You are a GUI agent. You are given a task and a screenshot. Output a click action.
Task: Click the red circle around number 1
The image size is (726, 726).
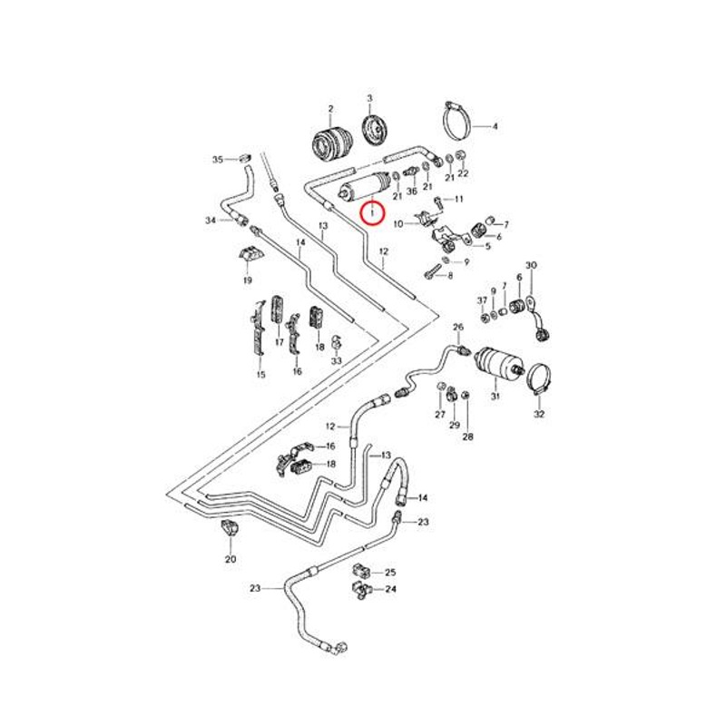pos(373,213)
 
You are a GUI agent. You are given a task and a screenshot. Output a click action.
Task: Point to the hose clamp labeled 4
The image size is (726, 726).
pos(461,119)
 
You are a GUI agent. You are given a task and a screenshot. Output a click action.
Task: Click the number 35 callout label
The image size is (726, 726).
pos(217,160)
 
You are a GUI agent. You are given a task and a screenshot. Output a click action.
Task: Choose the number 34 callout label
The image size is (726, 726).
pos(211,221)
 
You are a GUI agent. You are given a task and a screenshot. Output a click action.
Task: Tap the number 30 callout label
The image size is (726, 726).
pos(532,265)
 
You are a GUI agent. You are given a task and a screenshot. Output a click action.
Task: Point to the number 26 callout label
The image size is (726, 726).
pos(458,327)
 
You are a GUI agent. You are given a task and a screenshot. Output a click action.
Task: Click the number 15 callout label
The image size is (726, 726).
pos(260,375)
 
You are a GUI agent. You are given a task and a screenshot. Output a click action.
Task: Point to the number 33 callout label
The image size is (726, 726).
pos(337,361)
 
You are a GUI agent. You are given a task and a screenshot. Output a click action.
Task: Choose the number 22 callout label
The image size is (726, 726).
pos(463,173)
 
